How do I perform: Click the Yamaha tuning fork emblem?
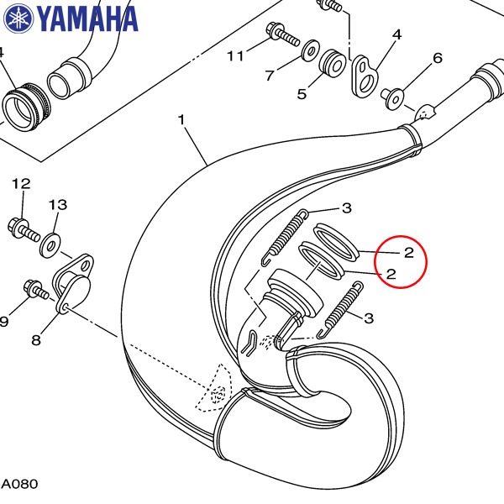18,18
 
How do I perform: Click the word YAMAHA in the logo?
87,18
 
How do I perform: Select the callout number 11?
235,56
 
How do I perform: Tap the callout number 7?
270,76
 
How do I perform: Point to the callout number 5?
302,94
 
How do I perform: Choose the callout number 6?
438,58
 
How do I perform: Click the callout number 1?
181,119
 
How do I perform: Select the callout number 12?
21,183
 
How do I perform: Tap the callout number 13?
58,205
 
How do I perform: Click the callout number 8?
36,339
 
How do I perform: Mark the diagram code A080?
20,484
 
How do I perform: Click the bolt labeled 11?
283,34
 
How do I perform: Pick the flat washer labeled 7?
311,50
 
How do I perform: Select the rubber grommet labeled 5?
333,64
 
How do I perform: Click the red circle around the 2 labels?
401,261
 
